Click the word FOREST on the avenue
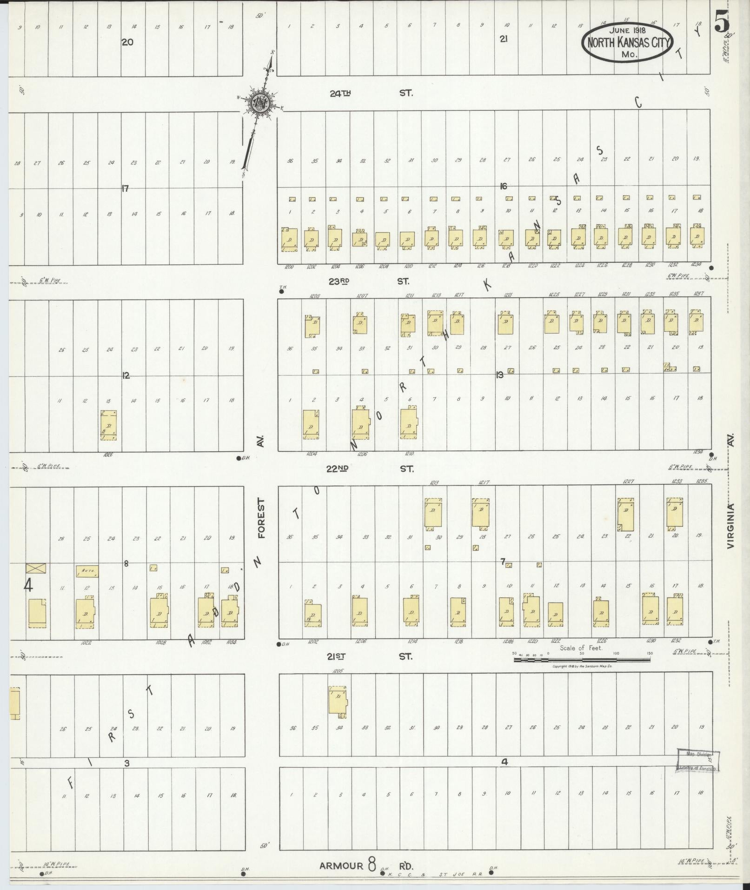point(261,519)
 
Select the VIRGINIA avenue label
point(730,526)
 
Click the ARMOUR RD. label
point(366,865)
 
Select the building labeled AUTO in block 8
point(87,571)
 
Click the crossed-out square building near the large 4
point(36,568)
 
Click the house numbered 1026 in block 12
point(109,425)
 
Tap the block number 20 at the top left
point(127,42)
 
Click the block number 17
point(125,188)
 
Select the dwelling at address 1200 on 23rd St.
point(289,240)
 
